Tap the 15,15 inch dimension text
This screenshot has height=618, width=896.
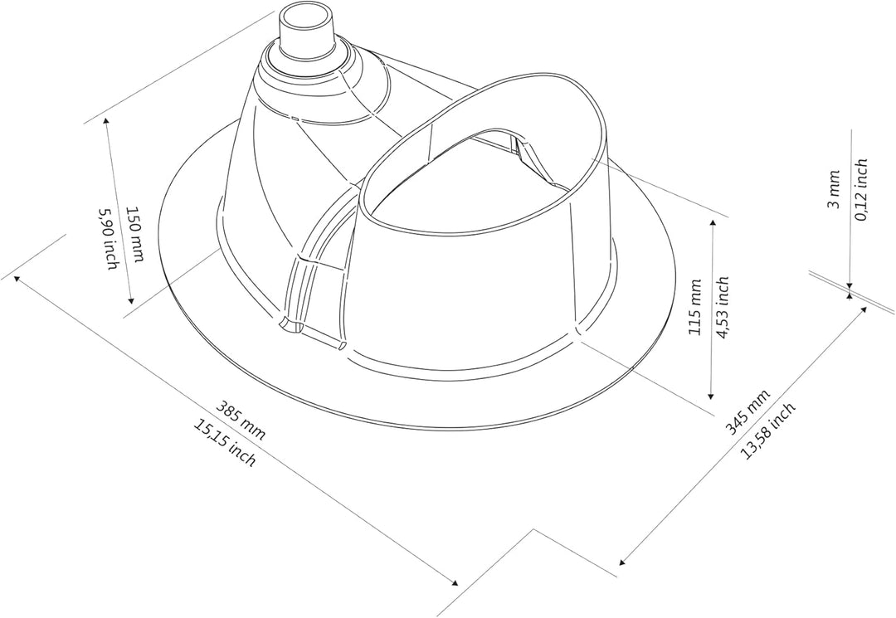click(x=225, y=443)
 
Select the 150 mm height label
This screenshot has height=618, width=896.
click(x=135, y=234)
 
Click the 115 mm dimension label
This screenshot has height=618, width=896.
click(x=695, y=307)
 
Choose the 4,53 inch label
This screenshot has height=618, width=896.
click(x=723, y=307)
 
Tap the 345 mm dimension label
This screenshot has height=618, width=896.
click(x=747, y=411)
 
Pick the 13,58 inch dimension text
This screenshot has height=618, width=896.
click(x=767, y=431)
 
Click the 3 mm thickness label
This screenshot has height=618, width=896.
click(x=834, y=189)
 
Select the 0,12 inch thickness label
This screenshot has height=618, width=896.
click(x=861, y=190)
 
